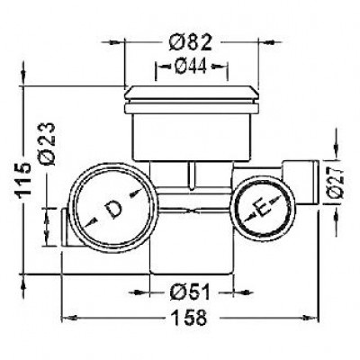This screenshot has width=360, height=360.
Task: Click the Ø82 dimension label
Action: (190, 42)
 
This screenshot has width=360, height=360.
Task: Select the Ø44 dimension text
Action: (191, 66)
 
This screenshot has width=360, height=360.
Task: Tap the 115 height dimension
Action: (24, 180)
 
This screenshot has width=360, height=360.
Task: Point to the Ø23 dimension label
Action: (48, 144)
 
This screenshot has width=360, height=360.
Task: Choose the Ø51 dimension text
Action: (189, 292)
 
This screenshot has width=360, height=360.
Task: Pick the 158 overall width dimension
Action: (190, 318)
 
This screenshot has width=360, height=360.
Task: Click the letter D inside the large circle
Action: (113, 209)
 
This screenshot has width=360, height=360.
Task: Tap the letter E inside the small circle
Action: (262, 207)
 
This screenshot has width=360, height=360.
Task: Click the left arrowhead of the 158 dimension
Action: (69, 318)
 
